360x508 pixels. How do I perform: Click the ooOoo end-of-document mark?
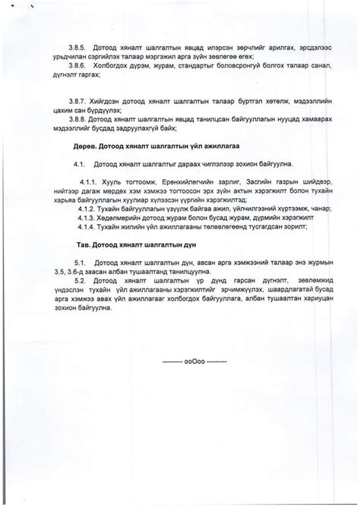coord(194,361)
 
